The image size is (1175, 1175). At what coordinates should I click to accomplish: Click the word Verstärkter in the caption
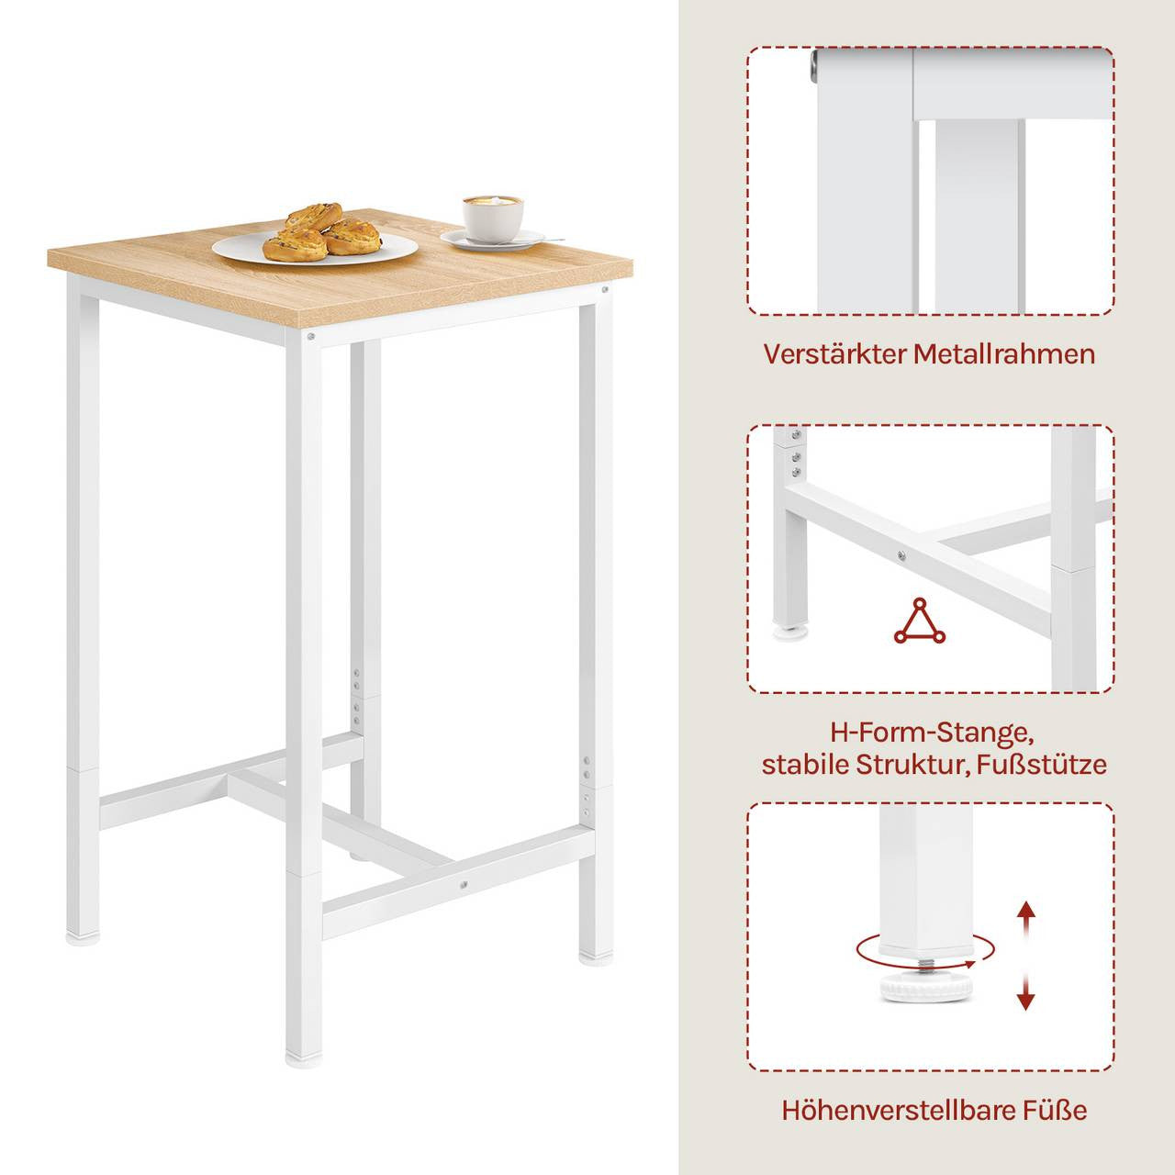(x=834, y=354)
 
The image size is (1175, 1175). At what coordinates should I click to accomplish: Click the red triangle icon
(x=918, y=621)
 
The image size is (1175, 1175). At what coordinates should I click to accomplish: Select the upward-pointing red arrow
(x=1026, y=918)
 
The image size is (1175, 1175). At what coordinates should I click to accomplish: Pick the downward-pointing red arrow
(x=1026, y=991)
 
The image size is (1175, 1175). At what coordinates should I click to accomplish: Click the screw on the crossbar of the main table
(x=464, y=885)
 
